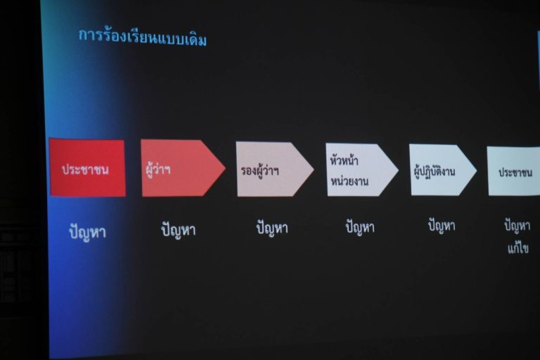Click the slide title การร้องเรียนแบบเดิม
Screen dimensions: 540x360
point(143,37)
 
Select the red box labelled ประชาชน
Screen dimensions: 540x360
point(87,168)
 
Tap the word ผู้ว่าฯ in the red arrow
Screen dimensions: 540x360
point(157,170)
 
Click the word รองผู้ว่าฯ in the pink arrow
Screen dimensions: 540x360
point(259,171)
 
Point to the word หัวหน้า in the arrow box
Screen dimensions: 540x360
point(344,160)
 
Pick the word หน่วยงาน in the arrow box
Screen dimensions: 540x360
point(349,181)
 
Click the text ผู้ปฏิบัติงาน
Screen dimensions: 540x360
point(435,171)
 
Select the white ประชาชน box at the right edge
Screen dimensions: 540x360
point(513,172)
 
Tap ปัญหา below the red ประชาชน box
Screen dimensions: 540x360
point(87,231)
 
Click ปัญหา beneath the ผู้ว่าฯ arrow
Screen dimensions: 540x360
point(179,229)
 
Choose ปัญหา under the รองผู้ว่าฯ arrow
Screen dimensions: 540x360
point(272,229)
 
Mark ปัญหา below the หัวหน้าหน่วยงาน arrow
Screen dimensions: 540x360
point(360,227)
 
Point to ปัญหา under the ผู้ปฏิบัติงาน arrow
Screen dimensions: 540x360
point(442,226)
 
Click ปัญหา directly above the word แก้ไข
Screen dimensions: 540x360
point(517,226)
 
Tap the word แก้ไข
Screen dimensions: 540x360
point(518,248)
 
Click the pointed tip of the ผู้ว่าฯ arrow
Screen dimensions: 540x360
point(225,168)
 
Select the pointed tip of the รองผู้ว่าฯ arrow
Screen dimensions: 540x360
point(314,169)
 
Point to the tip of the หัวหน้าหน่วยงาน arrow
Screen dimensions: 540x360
point(398,170)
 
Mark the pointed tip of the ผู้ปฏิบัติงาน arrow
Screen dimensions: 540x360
point(477,170)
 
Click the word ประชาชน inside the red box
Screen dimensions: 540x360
point(85,169)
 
